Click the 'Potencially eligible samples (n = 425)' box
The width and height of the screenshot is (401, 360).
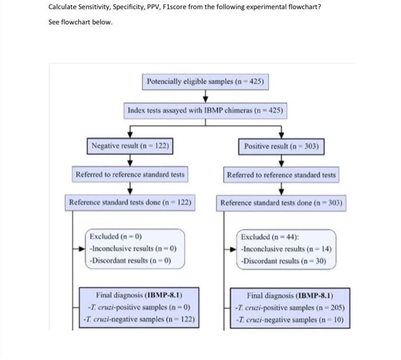coord(205,81)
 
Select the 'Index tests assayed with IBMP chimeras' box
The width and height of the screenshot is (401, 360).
coord(205,110)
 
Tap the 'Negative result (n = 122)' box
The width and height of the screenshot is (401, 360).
coord(130,146)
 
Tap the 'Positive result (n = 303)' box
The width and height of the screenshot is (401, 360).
coord(281,146)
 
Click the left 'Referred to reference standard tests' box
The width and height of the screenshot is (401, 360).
coord(130,174)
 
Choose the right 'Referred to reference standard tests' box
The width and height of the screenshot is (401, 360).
coord(281,174)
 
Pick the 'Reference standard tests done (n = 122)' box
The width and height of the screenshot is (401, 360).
coord(130,202)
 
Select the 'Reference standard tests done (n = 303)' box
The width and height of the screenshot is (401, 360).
coord(281,203)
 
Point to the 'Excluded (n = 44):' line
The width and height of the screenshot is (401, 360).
coord(268,237)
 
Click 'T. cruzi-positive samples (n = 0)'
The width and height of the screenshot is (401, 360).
coord(139,308)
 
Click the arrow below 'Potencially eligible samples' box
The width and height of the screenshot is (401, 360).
coord(205,96)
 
